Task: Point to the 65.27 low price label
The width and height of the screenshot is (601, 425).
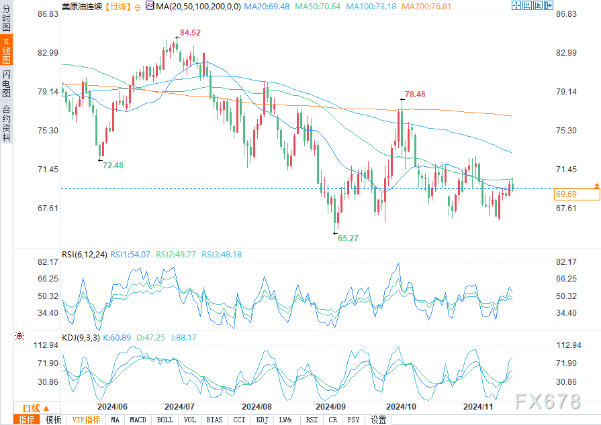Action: pos(348,238)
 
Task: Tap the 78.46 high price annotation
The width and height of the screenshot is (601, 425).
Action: pos(415,95)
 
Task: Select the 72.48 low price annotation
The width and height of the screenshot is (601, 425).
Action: pos(113,165)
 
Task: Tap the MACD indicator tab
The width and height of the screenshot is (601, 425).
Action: pos(138,420)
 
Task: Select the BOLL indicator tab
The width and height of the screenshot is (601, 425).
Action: pos(165,420)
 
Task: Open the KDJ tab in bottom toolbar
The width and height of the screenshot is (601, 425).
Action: pos(261,420)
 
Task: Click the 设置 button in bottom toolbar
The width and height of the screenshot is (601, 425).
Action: pos(379,420)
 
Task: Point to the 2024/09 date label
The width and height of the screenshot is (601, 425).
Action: pos(330,406)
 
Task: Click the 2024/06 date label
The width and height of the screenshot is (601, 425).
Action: pos(112,406)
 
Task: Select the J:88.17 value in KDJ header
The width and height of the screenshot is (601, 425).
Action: pos(183,338)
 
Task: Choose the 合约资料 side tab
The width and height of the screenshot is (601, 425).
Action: pos(6,123)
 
